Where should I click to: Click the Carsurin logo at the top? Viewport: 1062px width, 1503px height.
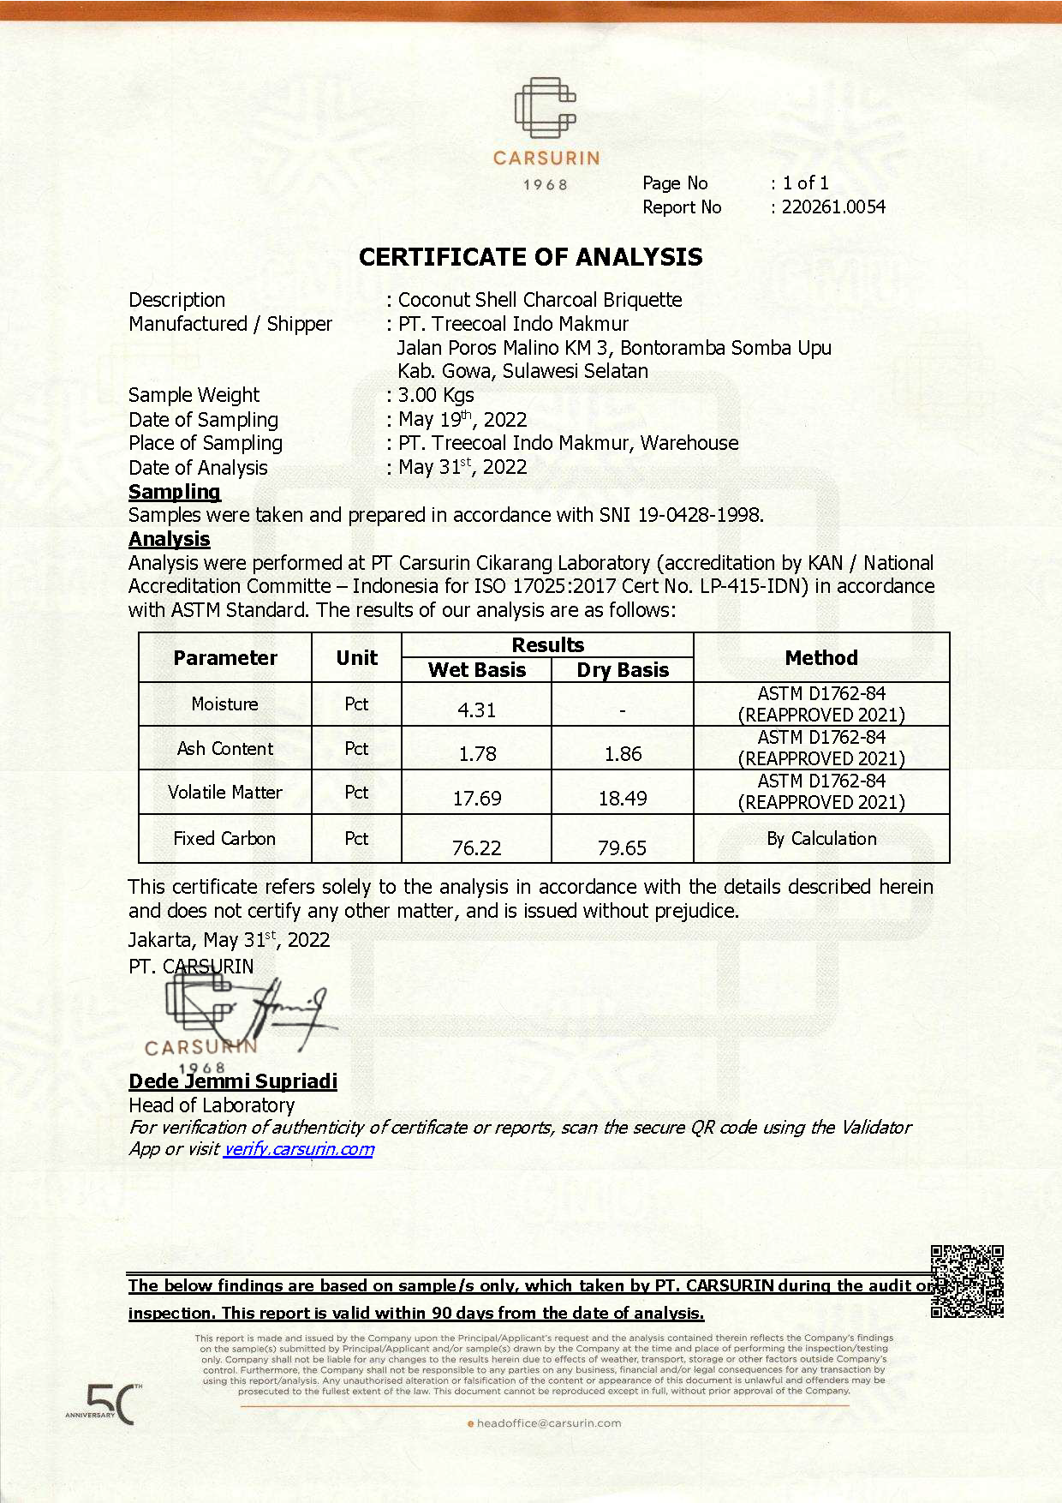coord(546,120)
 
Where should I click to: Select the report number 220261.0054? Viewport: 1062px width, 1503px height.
coord(833,207)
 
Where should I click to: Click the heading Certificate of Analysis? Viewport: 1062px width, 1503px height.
coord(530,257)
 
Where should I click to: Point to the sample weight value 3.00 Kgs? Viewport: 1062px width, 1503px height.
coord(436,395)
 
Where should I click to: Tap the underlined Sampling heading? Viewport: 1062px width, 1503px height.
coord(175,492)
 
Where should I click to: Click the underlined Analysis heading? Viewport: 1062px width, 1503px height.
coord(170,539)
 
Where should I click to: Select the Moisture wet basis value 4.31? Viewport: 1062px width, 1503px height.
coord(476,710)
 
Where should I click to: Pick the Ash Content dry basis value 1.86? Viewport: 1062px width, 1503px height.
coord(623,754)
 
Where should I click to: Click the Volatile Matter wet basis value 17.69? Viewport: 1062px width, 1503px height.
coord(477,799)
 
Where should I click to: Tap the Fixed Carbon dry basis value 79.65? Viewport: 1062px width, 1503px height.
coord(622,848)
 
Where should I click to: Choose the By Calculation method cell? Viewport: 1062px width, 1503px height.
coord(821,839)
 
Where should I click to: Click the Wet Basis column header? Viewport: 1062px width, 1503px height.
coord(477,670)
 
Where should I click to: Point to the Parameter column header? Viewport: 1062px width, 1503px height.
coord(225,658)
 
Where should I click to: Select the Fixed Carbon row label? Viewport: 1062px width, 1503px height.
coord(224,839)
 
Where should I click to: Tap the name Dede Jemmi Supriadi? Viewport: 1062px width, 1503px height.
coord(233,1081)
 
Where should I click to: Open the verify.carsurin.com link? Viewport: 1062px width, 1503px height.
coord(299,1149)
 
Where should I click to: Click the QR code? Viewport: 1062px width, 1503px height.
coord(967,1281)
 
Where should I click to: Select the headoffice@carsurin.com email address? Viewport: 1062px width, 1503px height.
coord(548,1423)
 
